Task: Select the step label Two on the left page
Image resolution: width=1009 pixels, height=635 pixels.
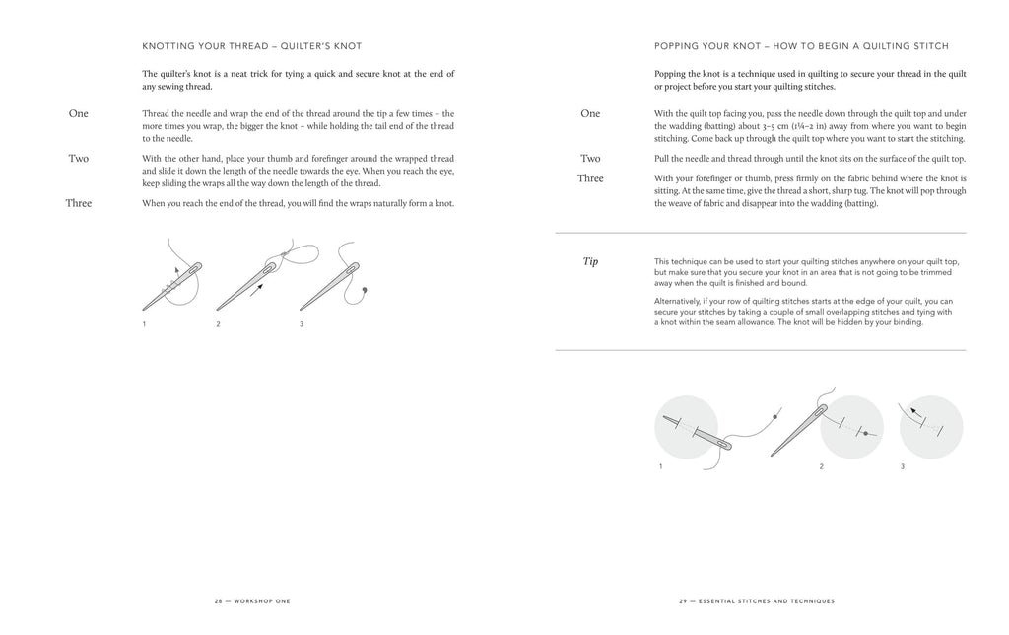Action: click(x=78, y=158)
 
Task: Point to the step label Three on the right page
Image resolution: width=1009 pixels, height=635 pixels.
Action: click(x=590, y=178)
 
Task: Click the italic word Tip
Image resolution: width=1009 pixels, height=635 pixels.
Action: click(x=590, y=261)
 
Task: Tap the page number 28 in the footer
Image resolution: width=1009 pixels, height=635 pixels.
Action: click(x=220, y=600)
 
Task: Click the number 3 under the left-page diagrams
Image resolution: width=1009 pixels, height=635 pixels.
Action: click(x=302, y=324)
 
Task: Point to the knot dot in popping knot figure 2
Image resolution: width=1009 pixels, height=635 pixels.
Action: click(x=864, y=435)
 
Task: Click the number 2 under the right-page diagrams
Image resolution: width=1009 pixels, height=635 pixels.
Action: click(x=821, y=466)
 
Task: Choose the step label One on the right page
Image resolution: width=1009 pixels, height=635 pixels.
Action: click(x=590, y=113)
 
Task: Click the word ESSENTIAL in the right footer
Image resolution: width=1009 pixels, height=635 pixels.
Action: click(x=726, y=600)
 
